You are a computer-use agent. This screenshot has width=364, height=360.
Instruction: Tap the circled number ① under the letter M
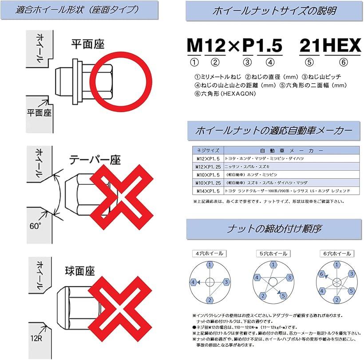point(194,62)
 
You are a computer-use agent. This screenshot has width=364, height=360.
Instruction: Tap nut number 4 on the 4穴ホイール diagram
point(193,282)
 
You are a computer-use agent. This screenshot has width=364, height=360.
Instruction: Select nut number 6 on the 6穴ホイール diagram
point(323,274)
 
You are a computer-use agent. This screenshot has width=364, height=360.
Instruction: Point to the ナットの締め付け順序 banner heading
point(274,230)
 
